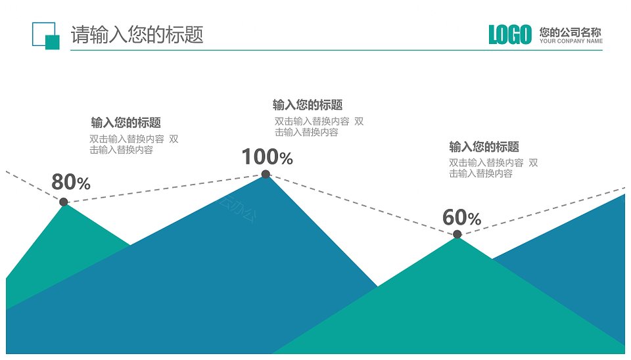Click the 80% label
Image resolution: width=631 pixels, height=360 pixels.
71,182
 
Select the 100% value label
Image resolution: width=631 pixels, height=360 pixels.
268,157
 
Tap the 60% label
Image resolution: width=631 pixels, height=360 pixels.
461,217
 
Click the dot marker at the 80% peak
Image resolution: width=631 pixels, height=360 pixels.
64,202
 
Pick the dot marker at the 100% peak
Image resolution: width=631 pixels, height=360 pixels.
266,174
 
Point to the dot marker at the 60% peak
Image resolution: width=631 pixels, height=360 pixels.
457,234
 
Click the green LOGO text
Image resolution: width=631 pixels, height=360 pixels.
510,35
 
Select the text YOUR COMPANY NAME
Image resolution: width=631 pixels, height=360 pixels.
571,41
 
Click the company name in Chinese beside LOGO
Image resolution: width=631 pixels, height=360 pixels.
571,32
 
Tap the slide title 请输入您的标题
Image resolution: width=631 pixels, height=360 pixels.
137,34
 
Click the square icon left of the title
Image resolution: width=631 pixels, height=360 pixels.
46,35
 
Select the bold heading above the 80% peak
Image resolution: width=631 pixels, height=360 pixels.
126,122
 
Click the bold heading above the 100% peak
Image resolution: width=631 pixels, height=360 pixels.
308,105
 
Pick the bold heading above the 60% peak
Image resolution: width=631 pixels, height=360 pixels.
484,146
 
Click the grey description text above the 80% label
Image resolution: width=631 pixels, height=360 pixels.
133,145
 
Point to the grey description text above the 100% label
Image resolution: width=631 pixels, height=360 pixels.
319,127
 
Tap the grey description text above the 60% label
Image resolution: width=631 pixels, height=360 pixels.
494,168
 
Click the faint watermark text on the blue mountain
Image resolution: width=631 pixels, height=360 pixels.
237,209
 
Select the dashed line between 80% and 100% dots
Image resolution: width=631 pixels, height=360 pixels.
164,188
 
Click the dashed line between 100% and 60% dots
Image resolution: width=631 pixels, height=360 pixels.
362,204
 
